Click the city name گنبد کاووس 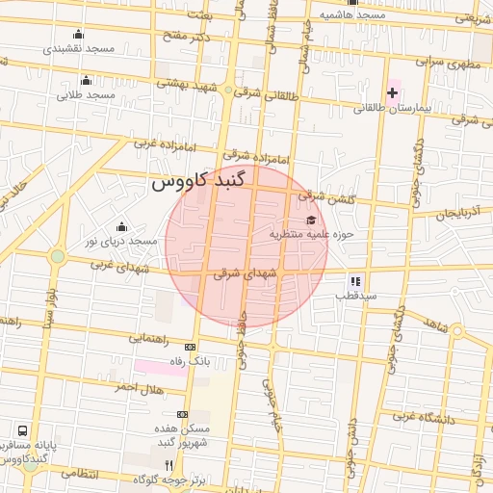click(x=198, y=181)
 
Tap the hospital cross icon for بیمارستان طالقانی click(x=393, y=92)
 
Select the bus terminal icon click(x=22, y=431)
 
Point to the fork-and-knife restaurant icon click(x=169, y=464)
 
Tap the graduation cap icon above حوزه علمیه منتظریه click(x=309, y=220)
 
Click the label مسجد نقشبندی click(x=86, y=47)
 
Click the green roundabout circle click(x=58, y=256)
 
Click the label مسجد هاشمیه click(x=353, y=15)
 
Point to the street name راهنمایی click(x=149, y=338)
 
